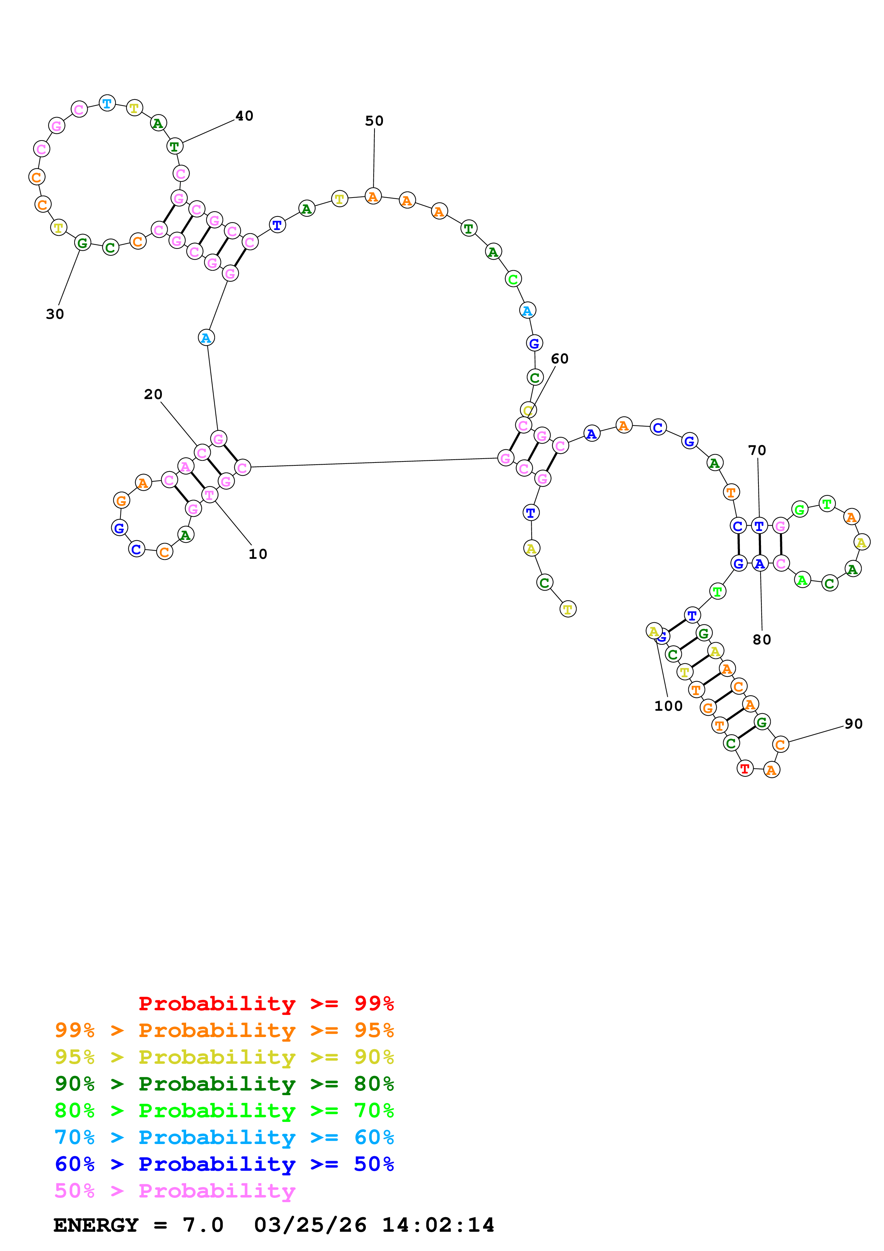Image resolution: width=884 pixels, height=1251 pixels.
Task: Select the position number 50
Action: (x=374, y=121)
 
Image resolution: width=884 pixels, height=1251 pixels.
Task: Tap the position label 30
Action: (x=55, y=315)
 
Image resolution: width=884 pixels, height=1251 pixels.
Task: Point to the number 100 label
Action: (x=668, y=706)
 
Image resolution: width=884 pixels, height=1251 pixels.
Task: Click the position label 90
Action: (x=853, y=724)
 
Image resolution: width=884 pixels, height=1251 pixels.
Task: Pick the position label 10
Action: (x=257, y=554)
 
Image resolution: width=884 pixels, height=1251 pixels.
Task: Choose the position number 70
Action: (x=757, y=451)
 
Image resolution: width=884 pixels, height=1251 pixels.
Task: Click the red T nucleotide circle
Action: (x=745, y=769)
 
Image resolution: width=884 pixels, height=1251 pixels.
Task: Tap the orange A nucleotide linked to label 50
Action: (x=373, y=197)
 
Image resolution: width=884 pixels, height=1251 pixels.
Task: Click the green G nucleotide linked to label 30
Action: (x=83, y=243)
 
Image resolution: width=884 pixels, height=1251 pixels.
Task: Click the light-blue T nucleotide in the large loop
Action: (x=107, y=103)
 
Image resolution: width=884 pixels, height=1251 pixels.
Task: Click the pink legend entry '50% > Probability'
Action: (x=175, y=1191)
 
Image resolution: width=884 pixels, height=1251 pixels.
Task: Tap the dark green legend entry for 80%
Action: (x=224, y=1084)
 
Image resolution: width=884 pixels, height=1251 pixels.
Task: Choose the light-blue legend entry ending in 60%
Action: (x=224, y=1138)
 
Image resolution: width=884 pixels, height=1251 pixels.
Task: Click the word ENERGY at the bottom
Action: (x=96, y=1225)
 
